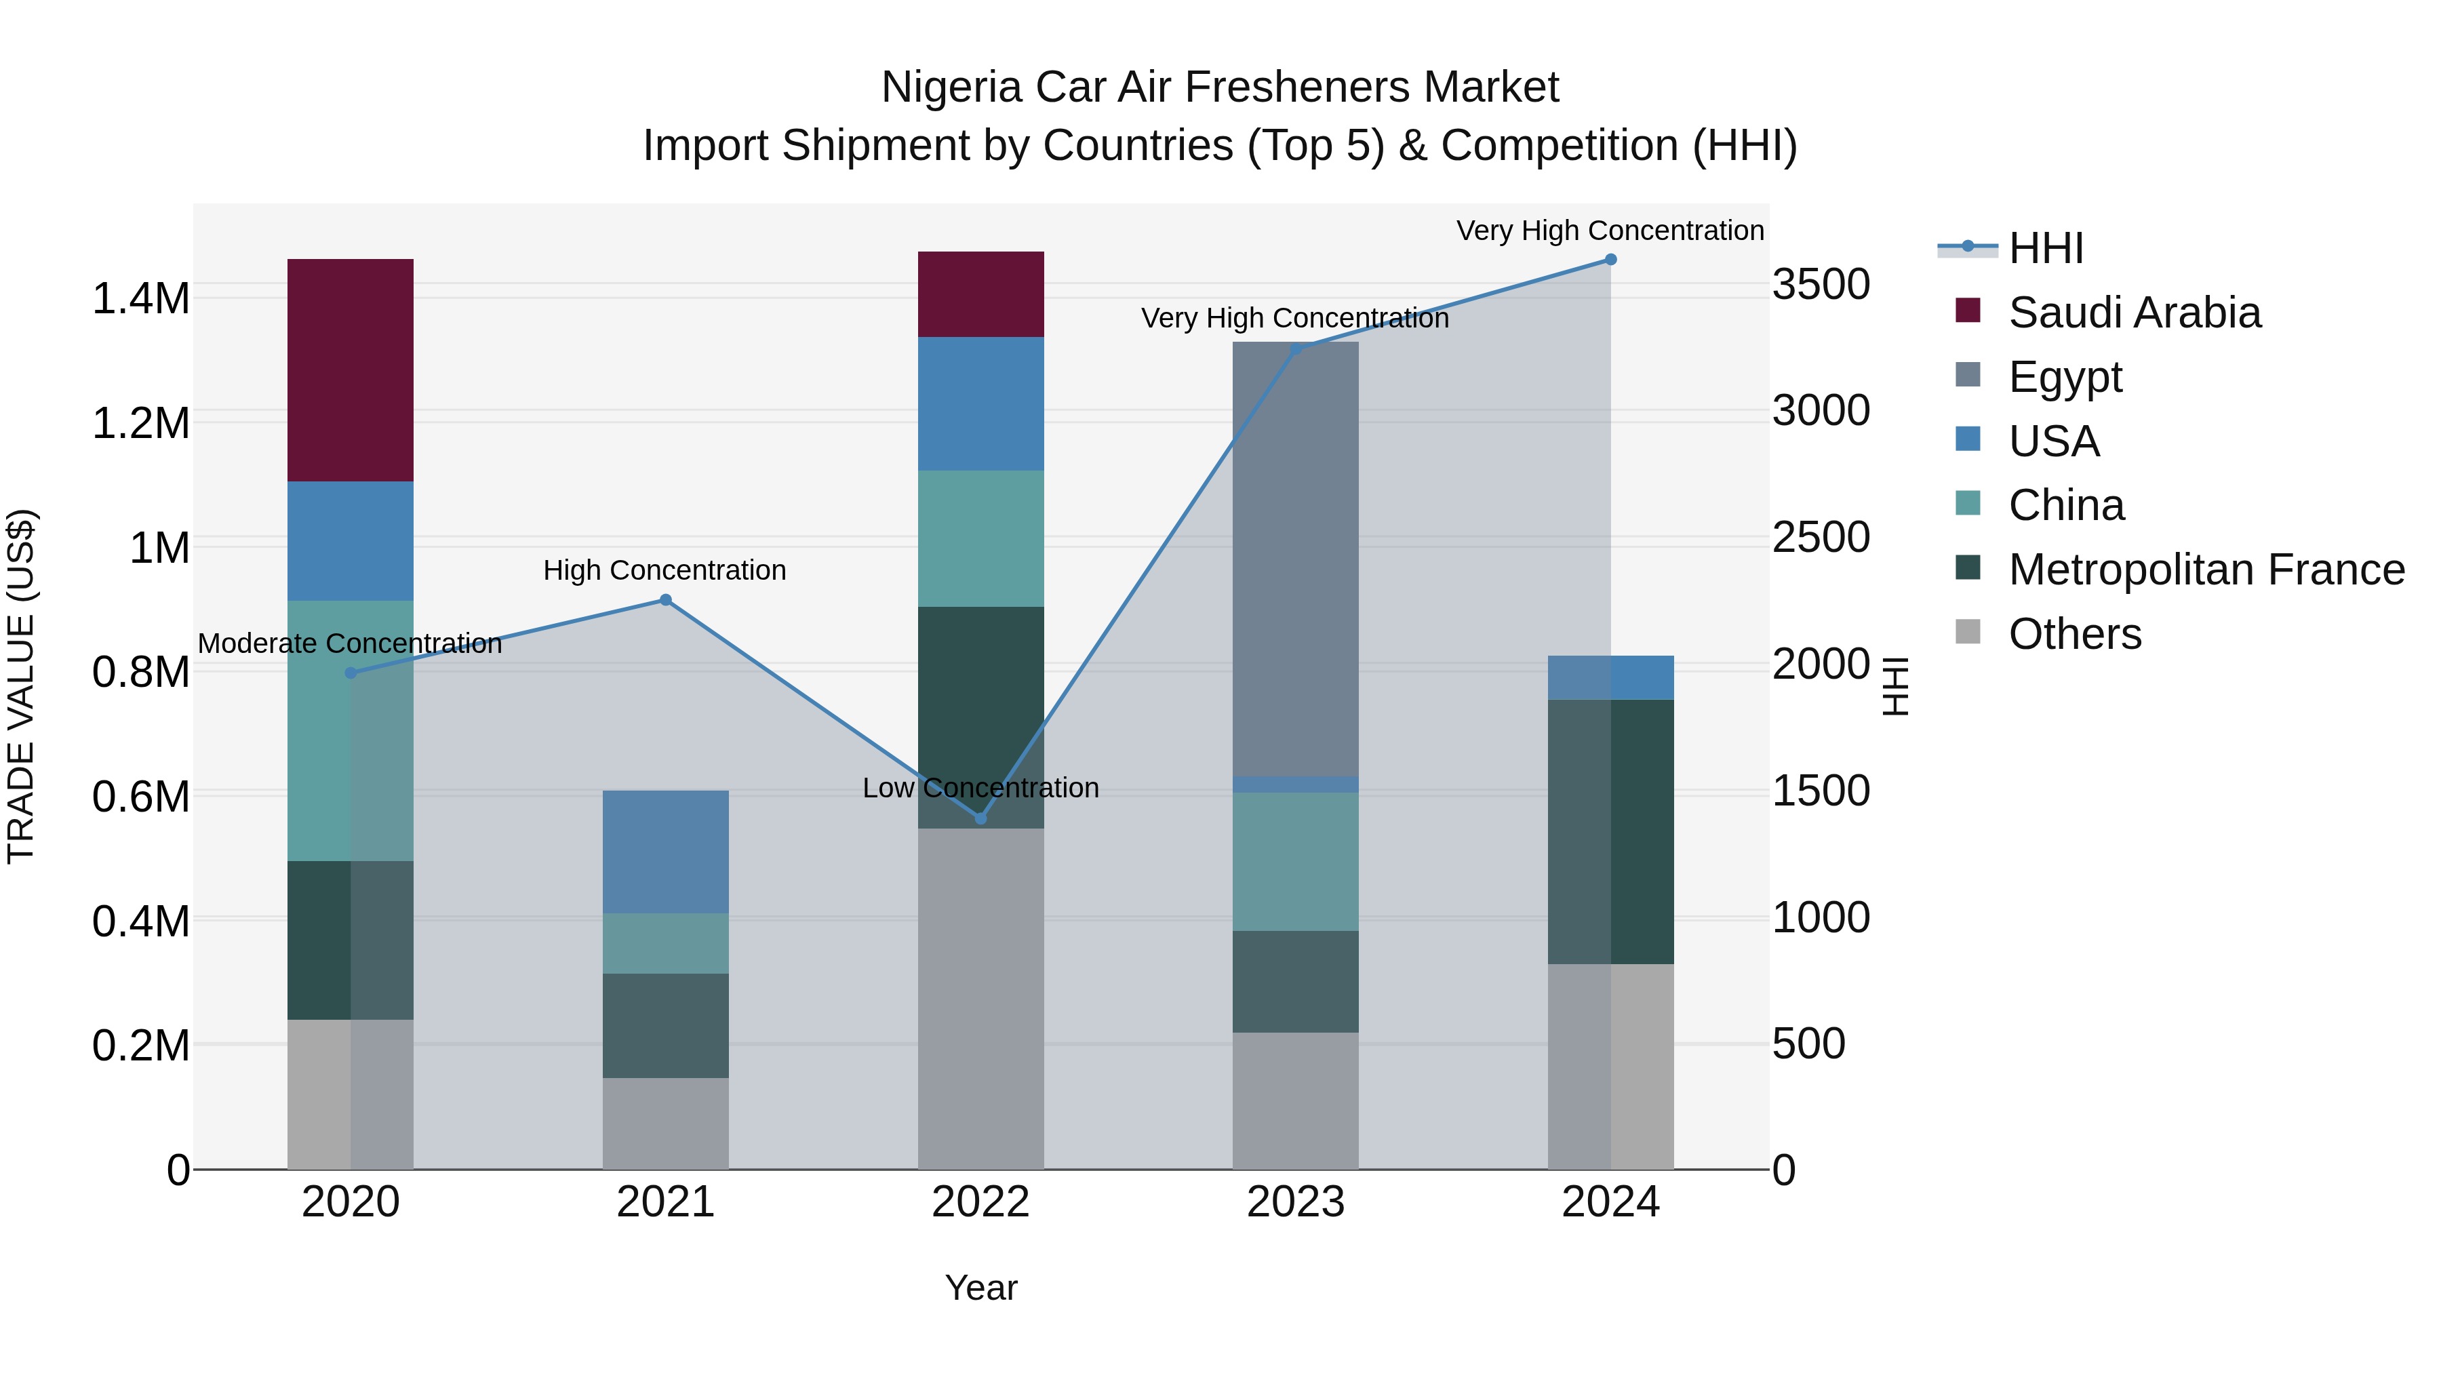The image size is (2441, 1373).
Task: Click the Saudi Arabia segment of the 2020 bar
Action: [350, 370]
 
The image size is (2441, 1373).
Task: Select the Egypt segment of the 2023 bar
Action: [1295, 559]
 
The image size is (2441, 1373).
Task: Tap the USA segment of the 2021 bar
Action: [665, 851]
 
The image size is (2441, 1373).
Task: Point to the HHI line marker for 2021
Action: [665, 600]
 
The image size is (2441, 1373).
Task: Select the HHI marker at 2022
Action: [980, 818]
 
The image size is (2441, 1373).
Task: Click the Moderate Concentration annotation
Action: [350, 643]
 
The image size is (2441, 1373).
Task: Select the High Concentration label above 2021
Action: [664, 570]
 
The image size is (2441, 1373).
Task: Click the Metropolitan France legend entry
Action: [2206, 570]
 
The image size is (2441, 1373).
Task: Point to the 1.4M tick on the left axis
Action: [140, 298]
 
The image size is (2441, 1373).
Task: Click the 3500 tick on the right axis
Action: [1821, 284]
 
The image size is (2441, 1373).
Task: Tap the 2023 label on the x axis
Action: [1295, 1202]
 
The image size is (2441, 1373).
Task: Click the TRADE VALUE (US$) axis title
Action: [21, 686]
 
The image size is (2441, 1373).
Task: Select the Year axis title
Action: [980, 1288]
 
